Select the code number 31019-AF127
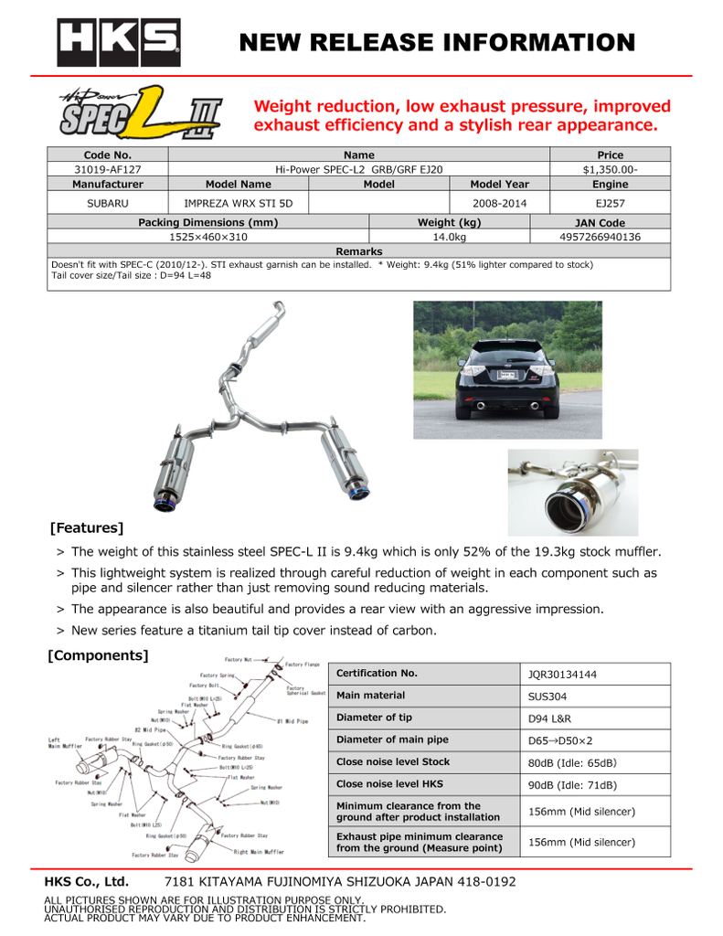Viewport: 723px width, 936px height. [x=107, y=169]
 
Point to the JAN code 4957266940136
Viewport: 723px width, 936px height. [x=600, y=236]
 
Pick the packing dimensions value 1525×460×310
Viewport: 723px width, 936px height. [x=208, y=236]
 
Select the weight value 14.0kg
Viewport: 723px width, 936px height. [x=449, y=236]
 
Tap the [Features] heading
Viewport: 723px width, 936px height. [x=87, y=527]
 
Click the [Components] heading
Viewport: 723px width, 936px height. [x=97, y=654]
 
